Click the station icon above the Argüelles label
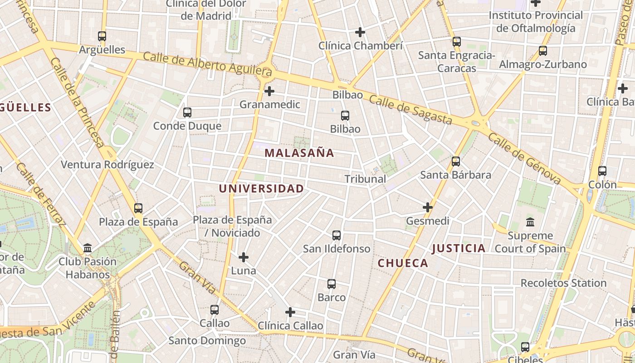pyautogui.click(x=102, y=36)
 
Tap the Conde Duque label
pyautogui.click(x=187, y=126)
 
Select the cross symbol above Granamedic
pyautogui.click(x=269, y=91)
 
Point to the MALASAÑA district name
pyautogui.click(x=299, y=153)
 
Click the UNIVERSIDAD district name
pyautogui.click(x=261, y=188)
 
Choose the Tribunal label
pyautogui.click(x=365, y=179)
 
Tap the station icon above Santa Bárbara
pyautogui.click(x=456, y=162)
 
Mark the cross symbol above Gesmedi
pyautogui.click(x=428, y=207)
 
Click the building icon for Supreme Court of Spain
pyautogui.click(x=530, y=222)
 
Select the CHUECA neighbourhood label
pyautogui.click(x=403, y=263)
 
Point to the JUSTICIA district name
pyautogui.click(x=459, y=248)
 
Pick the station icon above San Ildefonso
pyautogui.click(x=337, y=235)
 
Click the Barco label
pyautogui.click(x=332, y=298)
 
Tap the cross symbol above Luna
pyautogui.click(x=244, y=257)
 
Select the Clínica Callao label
pyautogui.click(x=290, y=326)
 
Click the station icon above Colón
pyautogui.click(x=602, y=171)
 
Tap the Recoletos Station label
pyautogui.click(x=563, y=283)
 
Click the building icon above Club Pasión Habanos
pyautogui.click(x=88, y=248)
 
